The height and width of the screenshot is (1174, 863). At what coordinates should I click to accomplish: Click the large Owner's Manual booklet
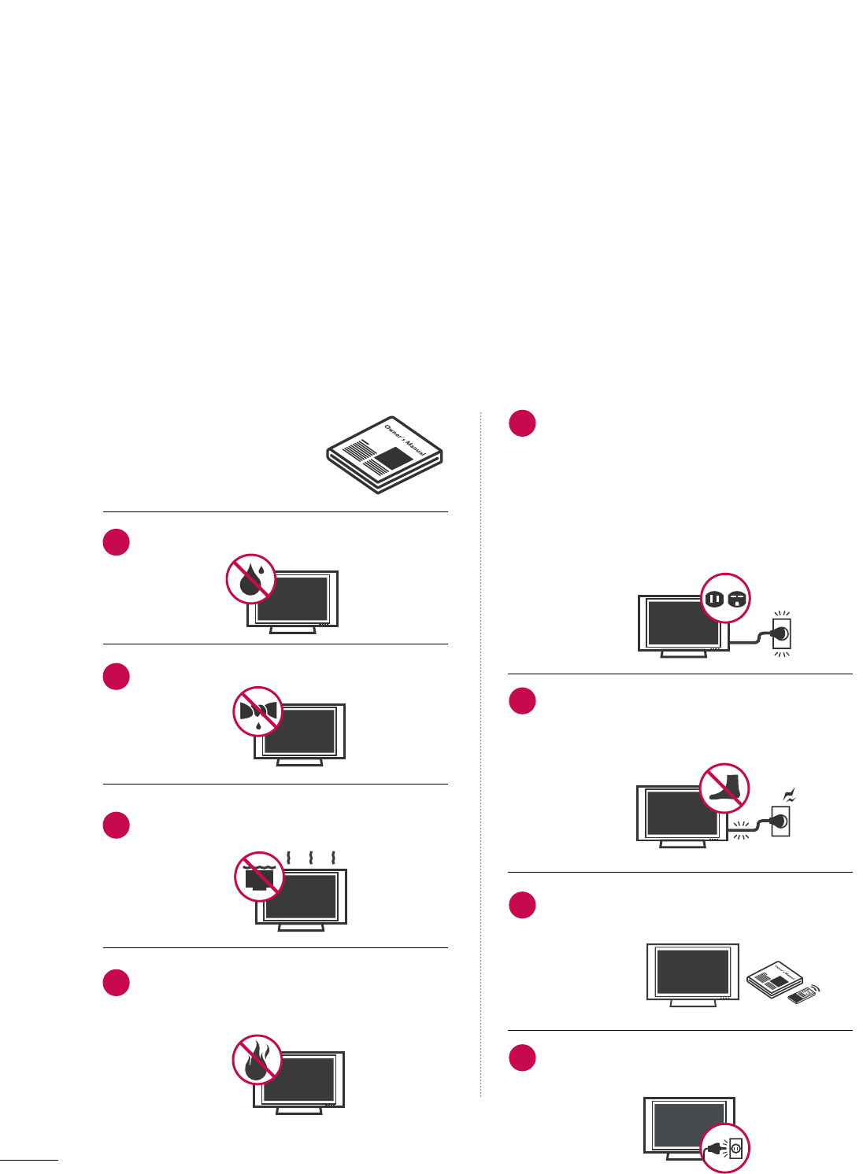tap(385, 456)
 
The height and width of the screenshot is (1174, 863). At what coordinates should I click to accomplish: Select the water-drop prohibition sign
tap(251, 578)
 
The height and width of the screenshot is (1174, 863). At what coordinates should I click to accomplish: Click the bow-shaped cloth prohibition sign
tap(257, 711)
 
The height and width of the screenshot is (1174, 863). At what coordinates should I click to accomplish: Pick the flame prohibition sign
tap(257, 1059)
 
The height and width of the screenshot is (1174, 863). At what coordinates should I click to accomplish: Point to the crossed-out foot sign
tap(724, 788)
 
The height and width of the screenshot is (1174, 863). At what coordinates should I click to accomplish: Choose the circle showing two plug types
tap(725, 599)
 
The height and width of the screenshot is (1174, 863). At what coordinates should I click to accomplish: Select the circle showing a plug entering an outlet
tap(725, 1148)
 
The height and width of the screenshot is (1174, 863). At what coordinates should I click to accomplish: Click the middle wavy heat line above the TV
tap(312, 856)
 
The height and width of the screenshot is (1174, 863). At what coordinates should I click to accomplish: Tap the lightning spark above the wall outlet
tap(789, 796)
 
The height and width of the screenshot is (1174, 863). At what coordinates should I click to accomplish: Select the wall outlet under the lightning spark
tap(780, 822)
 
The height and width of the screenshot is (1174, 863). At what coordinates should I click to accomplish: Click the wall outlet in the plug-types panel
tap(780, 633)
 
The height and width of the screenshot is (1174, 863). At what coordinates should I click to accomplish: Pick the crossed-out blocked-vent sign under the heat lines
tap(259, 877)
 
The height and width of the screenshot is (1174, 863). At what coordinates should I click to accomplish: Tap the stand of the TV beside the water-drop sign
tap(293, 630)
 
